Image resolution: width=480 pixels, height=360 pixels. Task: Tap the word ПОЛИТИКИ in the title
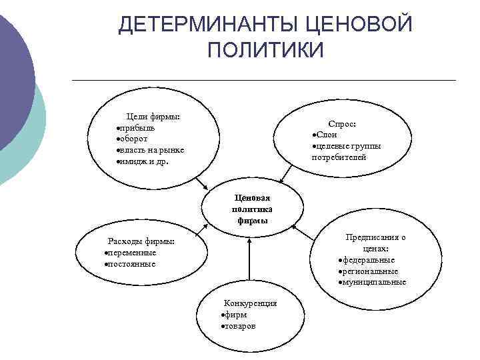click(x=265, y=50)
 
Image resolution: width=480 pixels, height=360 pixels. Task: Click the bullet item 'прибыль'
click(x=137, y=128)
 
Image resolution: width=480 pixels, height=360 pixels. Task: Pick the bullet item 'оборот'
click(x=135, y=139)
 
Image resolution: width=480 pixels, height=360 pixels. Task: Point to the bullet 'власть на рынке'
click(x=151, y=150)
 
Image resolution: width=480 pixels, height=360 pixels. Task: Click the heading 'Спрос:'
click(x=342, y=124)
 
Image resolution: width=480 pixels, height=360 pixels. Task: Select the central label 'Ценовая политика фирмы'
click(x=251, y=209)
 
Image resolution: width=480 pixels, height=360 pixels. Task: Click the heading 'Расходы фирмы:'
click(x=141, y=241)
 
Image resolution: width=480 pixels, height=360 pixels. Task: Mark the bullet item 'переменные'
click(x=132, y=253)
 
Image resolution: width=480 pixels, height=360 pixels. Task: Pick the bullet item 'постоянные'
click(x=131, y=264)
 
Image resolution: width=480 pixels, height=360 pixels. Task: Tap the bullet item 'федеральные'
click(x=369, y=259)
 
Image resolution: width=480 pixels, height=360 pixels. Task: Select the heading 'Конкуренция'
click(x=250, y=303)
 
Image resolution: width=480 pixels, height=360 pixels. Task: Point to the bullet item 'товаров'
click(x=239, y=326)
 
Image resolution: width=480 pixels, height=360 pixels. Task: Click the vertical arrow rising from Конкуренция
click(x=249, y=261)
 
